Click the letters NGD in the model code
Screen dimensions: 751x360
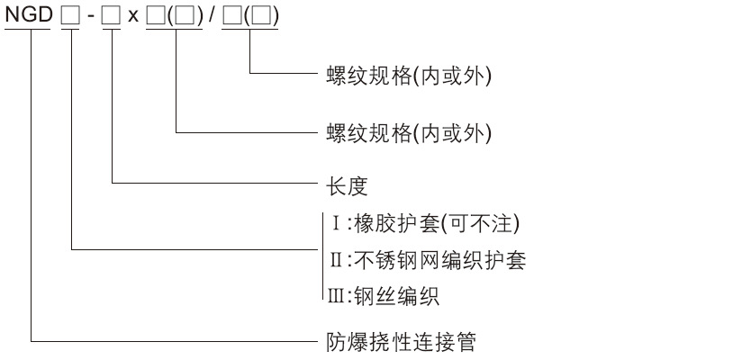(29, 17)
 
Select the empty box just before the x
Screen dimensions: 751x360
(111, 17)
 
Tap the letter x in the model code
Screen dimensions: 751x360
(131, 18)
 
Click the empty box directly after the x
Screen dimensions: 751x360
(155, 17)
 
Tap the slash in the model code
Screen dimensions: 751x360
(211, 17)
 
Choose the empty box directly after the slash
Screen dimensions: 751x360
(231, 17)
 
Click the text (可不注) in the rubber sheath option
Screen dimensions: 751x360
(491, 222)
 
